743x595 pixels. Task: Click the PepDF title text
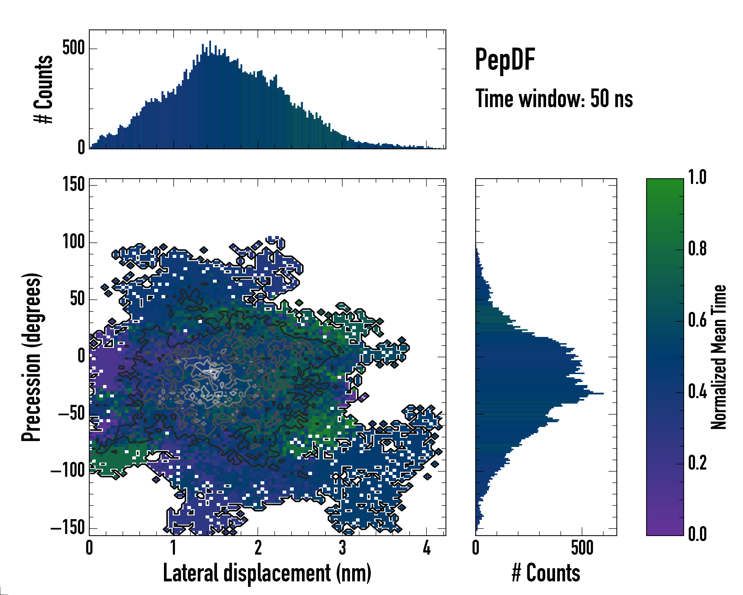point(505,60)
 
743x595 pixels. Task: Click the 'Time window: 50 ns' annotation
point(554,99)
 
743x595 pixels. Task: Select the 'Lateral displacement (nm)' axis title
point(267,573)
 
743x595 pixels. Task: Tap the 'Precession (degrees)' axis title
point(32,357)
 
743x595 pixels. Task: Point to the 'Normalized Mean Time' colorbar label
point(718,357)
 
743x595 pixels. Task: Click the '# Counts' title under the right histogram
point(546,573)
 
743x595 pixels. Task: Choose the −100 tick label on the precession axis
point(68,471)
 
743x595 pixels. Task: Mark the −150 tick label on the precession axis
point(68,528)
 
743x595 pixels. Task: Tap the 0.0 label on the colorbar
point(697,534)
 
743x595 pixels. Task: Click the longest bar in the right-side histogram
point(539,393)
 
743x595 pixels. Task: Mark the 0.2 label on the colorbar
point(697,463)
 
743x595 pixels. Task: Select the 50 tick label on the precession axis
point(77,299)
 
